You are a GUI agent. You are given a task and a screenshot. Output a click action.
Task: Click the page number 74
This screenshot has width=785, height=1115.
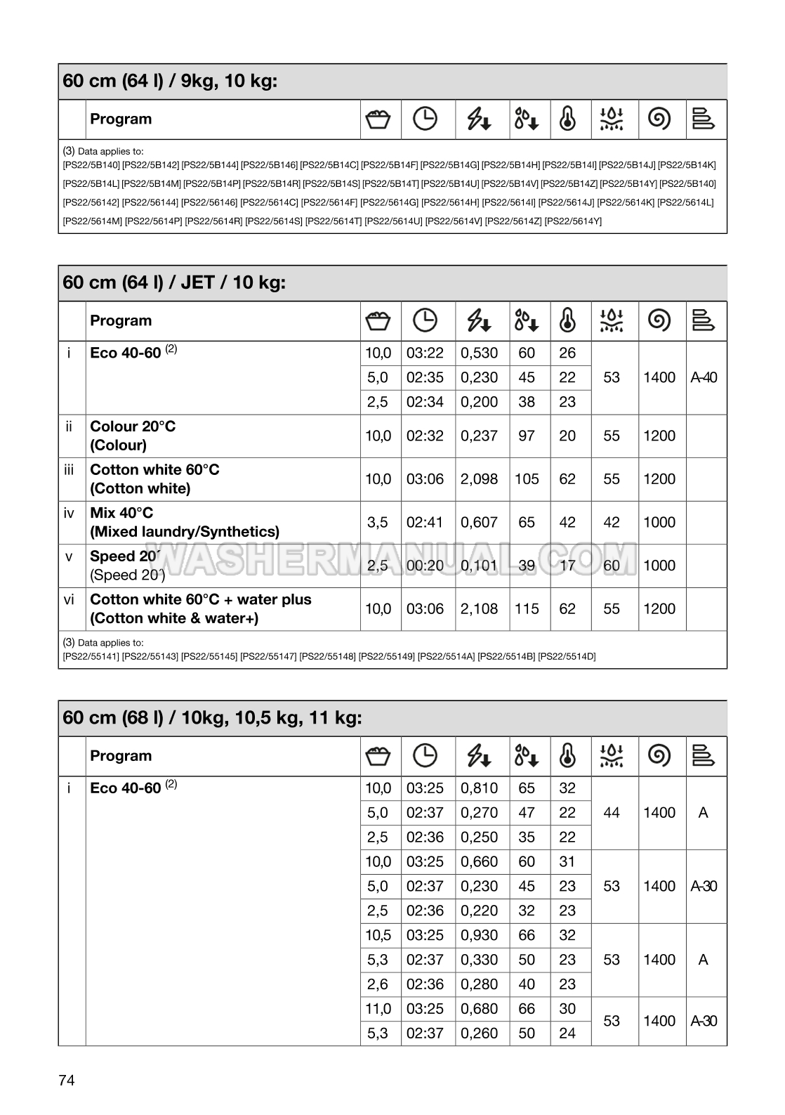tap(67, 1081)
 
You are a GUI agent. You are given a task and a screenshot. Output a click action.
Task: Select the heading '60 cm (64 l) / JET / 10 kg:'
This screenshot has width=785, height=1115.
tap(174, 282)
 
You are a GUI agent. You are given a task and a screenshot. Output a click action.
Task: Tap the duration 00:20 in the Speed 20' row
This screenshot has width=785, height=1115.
tap(425, 566)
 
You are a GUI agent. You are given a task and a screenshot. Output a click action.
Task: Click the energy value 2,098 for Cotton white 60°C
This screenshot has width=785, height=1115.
tap(479, 479)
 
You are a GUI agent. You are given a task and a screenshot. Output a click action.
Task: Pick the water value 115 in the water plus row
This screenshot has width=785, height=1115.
tap(527, 609)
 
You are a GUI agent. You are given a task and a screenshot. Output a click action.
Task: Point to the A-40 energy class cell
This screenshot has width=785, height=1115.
tap(704, 378)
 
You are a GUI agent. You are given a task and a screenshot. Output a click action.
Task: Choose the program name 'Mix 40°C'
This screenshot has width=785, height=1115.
tap(121, 513)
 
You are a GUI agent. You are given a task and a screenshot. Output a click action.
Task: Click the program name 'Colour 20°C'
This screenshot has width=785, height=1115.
tap(133, 426)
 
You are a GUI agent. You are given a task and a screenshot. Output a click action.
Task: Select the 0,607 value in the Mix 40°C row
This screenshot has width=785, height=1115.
tap(479, 523)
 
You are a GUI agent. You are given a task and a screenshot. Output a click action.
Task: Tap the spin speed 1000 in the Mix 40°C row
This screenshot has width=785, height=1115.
tap(659, 523)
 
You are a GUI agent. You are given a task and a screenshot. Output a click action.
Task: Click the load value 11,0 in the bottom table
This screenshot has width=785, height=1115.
tap(378, 1009)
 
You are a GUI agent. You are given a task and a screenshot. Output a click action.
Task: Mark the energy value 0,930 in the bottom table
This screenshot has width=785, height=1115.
tap(479, 935)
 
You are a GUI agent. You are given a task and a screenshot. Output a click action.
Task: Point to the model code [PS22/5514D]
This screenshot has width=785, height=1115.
tap(567, 657)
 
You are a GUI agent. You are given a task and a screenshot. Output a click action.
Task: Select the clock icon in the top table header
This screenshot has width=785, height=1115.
tap(425, 119)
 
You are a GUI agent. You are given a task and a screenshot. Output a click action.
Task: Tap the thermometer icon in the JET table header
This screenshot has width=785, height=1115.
tap(567, 321)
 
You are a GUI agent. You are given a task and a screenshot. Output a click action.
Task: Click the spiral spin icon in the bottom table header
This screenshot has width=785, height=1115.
tap(659, 756)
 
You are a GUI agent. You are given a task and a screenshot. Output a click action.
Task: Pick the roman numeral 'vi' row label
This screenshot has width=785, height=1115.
tap(69, 599)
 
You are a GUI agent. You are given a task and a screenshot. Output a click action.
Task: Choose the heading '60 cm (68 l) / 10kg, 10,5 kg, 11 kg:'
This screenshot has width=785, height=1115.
tap(212, 718)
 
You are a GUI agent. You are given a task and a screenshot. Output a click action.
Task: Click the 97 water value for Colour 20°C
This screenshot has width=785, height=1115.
tap(527, 436)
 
